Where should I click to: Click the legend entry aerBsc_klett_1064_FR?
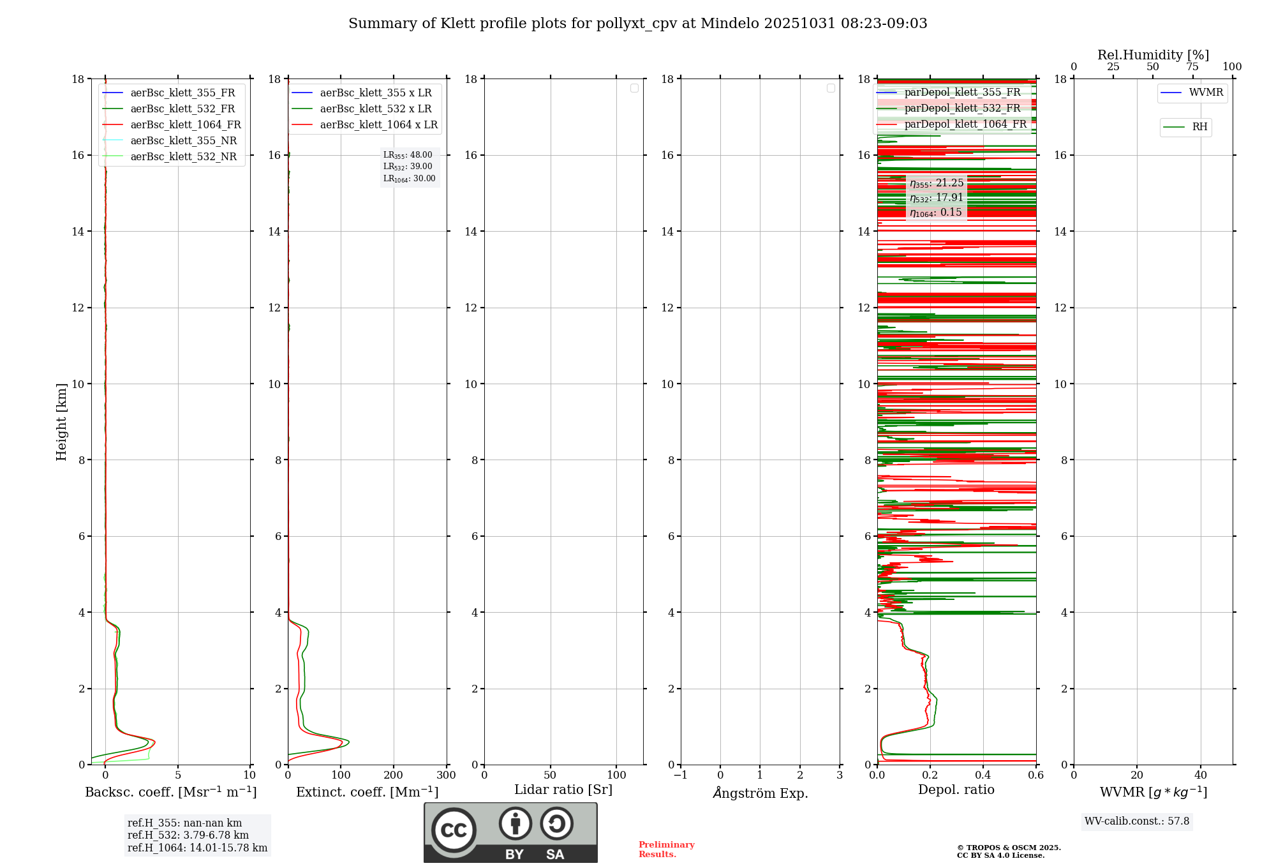tap(185, 125)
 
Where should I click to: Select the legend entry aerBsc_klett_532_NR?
tap(183, 157)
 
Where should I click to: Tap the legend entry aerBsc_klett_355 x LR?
tap(375, 93)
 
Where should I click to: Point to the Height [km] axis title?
tap(61, 422)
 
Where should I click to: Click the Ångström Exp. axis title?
tap(760, 793)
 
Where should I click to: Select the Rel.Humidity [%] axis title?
tap(1153, 55)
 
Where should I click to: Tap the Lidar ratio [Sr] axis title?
tap(563, 790)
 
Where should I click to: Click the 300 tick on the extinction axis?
tap(447, 775)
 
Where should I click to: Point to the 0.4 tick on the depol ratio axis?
tap(983, 775)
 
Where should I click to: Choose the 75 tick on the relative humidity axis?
tap(1192, 67)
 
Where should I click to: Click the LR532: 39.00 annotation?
tap(408, 167)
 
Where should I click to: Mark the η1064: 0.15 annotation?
tap(936, 213)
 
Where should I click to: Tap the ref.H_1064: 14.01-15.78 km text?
tap(197, 848)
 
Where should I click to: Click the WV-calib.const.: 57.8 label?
tap(1137, 821)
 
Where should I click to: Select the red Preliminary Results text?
tap(666, 849)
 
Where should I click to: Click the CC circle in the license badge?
tap(454, 830)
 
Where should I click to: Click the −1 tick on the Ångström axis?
tap(681, 775)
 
